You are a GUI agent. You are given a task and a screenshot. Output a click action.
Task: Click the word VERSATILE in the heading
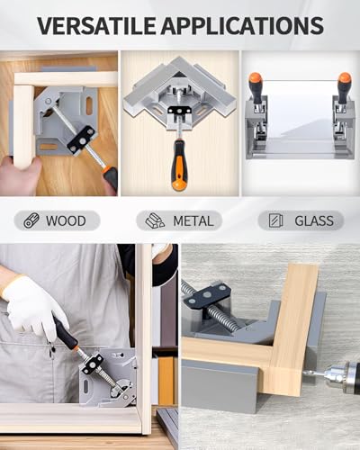[x=96, y=25]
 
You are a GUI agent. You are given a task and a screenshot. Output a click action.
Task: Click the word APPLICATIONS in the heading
[x=242, y=25]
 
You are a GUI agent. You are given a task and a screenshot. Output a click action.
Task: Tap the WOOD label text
[x=66, y=221]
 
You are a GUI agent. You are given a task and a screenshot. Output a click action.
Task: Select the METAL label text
[x=193, y=221]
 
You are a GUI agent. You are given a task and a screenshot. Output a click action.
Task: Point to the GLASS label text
[x=314, y=221]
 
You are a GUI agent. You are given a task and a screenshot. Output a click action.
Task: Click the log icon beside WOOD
[x=31, y=220]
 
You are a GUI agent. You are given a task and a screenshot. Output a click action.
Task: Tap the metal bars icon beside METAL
[x=155, y=220]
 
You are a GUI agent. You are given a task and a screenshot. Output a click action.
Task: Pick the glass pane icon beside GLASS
[x=276, y=220]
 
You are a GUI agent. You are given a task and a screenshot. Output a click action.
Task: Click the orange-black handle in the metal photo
[x=179, y=164]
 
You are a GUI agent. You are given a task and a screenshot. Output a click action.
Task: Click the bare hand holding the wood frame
[x=20, y=176]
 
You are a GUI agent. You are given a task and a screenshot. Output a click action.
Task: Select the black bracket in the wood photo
[x=81, y=139]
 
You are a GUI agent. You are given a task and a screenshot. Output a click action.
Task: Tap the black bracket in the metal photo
[x=179, y=112]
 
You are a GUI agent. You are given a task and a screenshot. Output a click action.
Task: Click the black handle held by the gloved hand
[x=66, y=333]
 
